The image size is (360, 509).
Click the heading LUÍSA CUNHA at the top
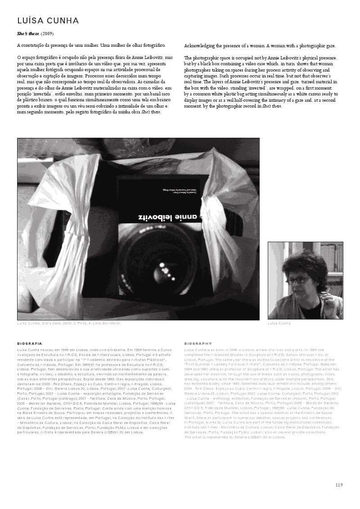48,21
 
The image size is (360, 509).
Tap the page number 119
339,485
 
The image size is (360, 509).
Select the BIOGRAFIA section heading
30,343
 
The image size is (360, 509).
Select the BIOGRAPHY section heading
198,343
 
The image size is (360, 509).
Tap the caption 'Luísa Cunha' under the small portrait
279,324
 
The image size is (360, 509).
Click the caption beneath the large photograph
68,324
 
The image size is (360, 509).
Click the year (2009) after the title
47,34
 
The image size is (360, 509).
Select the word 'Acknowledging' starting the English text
200,46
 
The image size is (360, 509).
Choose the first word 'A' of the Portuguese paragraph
19,45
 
